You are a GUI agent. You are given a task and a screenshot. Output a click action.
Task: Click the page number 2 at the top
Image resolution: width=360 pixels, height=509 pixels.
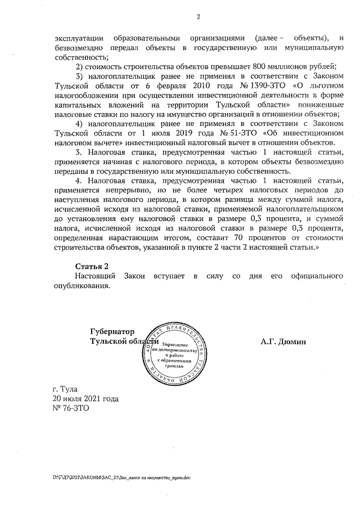click(x=198, y=16)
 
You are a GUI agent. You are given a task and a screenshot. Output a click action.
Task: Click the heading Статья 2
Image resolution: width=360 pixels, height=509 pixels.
click(x=91, y=265)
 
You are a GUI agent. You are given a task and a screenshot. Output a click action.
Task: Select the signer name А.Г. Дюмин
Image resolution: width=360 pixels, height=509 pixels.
click(x=282, y=341)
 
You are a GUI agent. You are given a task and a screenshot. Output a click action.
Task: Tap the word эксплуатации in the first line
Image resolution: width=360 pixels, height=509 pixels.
click(x=79, y=38)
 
